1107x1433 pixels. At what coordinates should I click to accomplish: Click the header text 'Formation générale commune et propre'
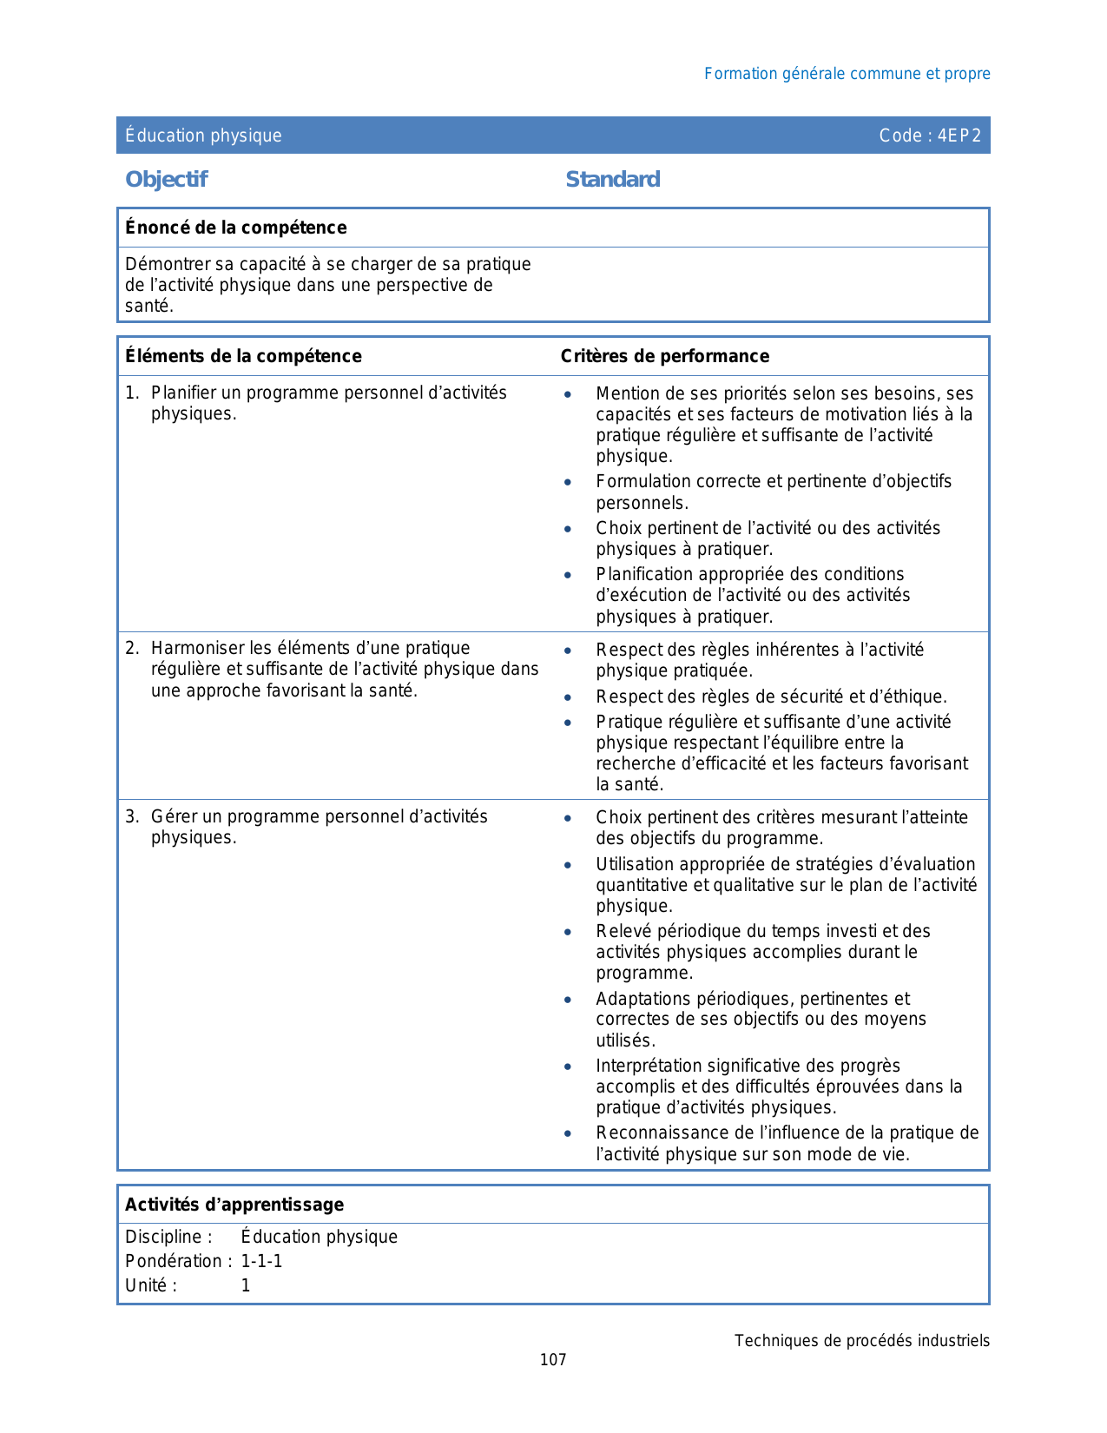[x=847, y=74]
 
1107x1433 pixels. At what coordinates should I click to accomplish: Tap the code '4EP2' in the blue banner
[x=959, y=135]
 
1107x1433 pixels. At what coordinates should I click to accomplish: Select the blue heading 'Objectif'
[x=166, y=180]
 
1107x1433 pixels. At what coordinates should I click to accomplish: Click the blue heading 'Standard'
[x=612, y=180]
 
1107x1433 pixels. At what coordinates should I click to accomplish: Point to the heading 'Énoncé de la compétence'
[x=235, y=228]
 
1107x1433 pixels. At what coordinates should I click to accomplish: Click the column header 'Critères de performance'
[x=664, y=356]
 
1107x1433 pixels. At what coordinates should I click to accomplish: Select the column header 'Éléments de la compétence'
[x=243, y=356]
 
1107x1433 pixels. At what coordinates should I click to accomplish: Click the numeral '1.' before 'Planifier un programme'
[x=132, y=393]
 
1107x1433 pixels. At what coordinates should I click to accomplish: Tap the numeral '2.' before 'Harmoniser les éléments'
[x=132, y=649]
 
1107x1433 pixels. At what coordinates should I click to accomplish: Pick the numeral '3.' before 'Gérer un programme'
[x=132, y=817]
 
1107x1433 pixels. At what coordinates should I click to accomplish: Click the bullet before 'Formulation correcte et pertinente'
[x=568, y=482]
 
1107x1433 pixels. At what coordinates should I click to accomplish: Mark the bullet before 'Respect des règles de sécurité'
[x=568, y=697]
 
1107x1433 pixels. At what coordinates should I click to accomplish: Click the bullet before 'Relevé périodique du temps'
[x=568, y=932]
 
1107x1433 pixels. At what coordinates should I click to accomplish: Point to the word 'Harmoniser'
[x=197, y=649]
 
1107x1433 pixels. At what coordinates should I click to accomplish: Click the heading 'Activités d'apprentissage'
[x=234, y=1205]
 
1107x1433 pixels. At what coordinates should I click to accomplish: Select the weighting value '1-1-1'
[x=261, y=1261]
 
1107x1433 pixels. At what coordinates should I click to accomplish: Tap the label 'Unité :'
[x=151, y=1286]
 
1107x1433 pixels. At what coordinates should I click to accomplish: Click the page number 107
[x=553, y=1360]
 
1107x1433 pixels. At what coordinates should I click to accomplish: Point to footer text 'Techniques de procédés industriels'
[x=861, y=1341]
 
